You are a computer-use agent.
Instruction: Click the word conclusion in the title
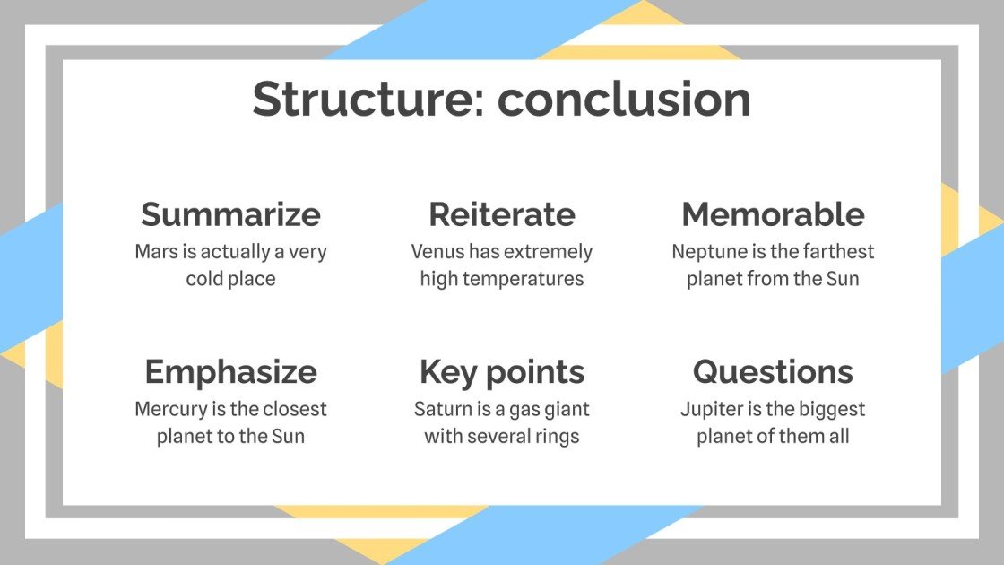tap(624, 99)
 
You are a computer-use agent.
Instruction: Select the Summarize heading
tap(230, 214)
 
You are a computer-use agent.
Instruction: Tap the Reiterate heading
tap(501, 214)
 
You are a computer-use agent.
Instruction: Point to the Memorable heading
tap(773, 214)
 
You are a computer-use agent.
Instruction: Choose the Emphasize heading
tap(230, 371)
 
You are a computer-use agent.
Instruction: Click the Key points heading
tap(501, 371)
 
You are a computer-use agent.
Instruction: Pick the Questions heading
tap(773, 371)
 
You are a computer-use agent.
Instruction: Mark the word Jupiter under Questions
tap(713, 410)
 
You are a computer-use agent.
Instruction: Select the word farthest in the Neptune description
tap(838, 252)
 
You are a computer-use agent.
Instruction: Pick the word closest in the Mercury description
tap(293, 410)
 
